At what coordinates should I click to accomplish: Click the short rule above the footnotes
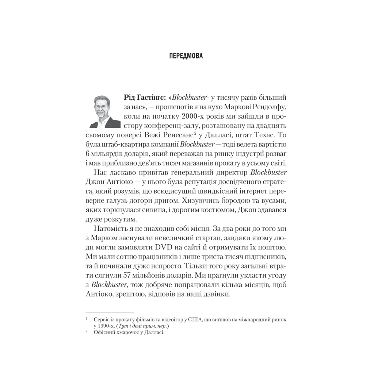click(x=110, y=313)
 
